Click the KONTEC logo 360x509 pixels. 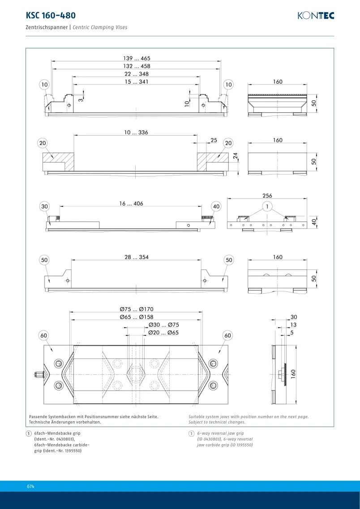click(x=316, y=16)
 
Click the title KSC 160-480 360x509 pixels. click(x=51, y=15)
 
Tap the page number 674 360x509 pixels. click(x=31, y=486)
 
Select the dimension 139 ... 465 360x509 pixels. click(x=137, y=59)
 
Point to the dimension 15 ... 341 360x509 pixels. click(x=137, y=81)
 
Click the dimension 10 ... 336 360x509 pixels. click(x=136, y=133)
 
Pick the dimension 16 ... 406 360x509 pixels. click(x=131, y=204)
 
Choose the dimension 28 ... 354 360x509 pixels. click(x=136, y=257)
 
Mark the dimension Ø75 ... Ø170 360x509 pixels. click(x=136, y=309)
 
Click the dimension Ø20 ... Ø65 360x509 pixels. click(x=163, y=333)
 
